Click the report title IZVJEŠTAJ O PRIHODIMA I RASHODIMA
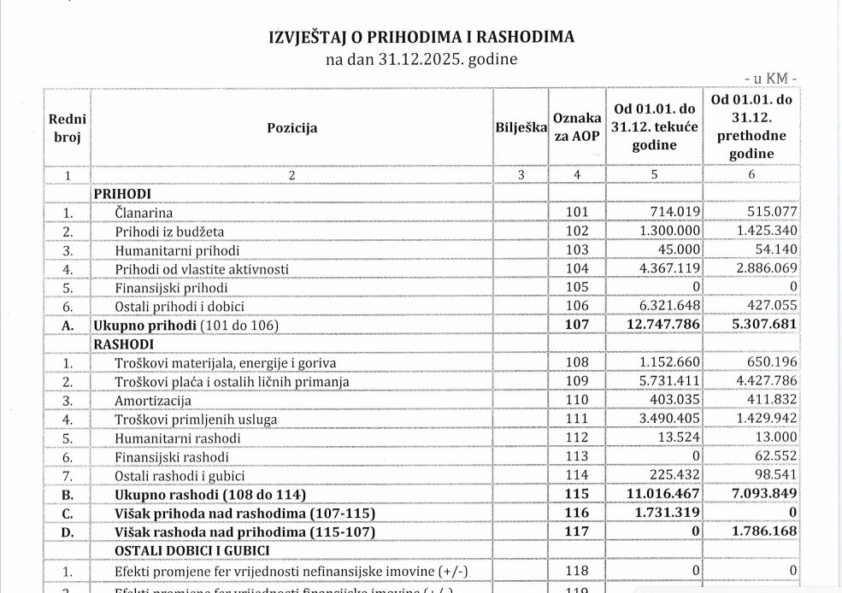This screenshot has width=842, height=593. click(x=421, y=37)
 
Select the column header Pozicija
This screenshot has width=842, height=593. click(x=291, y=128)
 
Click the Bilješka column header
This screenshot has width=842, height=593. click(x=520, y=128)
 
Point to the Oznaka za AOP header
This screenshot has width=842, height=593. click(x=576, y=128)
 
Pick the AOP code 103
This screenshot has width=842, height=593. click(x=576, y=250)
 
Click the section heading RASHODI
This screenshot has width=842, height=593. click(x=123, y=343)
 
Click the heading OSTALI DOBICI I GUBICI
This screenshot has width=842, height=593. click(x=192, y=549)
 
